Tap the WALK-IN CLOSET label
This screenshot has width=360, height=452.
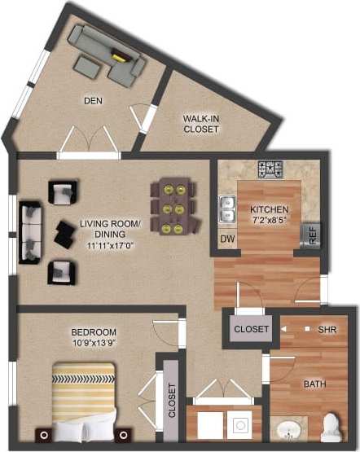[201, 124]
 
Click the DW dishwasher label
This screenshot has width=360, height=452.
[226, 239]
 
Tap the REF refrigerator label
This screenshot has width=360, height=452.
[310, 235]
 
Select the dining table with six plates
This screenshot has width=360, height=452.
[173, 207]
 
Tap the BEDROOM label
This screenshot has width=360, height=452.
[94, 331]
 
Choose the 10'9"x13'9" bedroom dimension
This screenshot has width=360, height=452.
[94, 344]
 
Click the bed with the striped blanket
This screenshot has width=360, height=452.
[85, 404]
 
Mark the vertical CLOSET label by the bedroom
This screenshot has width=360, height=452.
[172, 401]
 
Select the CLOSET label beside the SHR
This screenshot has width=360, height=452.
[251, 329]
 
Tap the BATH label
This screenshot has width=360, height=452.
[315, 384]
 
